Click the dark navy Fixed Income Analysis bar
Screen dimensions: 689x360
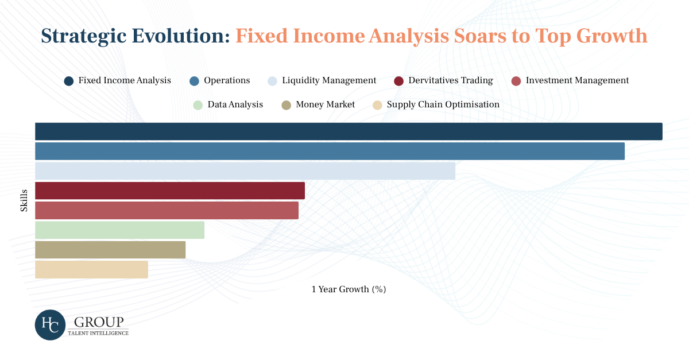coord(349,131)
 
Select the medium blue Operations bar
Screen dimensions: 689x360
coord(330,151)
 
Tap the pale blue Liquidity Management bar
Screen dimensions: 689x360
coord(245,171)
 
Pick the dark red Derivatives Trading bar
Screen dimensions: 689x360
coord(170,191)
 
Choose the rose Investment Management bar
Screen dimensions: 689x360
coord(167,211)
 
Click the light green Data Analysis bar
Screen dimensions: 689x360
coord(119,230)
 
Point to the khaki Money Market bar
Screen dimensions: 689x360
coord(110,250)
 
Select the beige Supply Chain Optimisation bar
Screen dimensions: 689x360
coord(91,269)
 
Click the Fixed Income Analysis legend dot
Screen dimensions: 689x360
coord(69,81)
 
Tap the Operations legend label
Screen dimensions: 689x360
coord(227,80)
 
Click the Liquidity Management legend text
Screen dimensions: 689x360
coord(329,80)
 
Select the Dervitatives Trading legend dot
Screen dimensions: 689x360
coord(398,81)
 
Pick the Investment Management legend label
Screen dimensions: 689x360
coord(578,80)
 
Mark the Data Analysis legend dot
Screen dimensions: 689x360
coord(198,105)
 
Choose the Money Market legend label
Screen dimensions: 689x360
coord(326,104)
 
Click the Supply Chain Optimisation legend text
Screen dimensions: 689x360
coord(443,104)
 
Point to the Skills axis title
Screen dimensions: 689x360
coord(24,200)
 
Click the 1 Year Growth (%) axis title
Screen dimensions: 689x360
coord(349,289)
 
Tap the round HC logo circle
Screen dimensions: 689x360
coord(50,325)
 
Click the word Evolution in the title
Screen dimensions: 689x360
coord(181,36)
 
